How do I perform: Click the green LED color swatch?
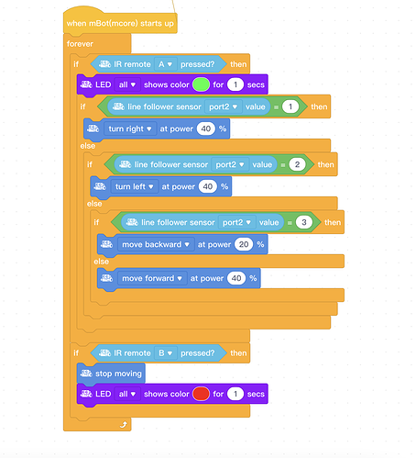(201, 84)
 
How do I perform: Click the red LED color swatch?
(201, 394)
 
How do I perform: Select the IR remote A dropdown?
(165, 64)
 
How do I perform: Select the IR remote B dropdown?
(165, 353)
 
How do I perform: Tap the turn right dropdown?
(130, 128)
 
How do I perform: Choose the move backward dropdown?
(156, 244)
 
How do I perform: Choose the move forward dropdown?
(152, 278)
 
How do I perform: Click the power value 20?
(244, 244)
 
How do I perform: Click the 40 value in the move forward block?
(236, 278)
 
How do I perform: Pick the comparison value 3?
(304, 222)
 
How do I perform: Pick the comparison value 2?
(297, 164)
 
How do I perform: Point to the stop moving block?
(111, 374)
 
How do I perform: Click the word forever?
(80, 44)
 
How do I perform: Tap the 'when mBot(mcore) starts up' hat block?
(120, 22)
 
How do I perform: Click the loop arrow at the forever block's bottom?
(124, 425)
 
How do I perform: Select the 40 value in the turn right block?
(206, 128)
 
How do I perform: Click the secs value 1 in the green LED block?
(235, 84)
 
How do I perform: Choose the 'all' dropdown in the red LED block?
(127, 394)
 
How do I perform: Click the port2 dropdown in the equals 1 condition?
(224, 106)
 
